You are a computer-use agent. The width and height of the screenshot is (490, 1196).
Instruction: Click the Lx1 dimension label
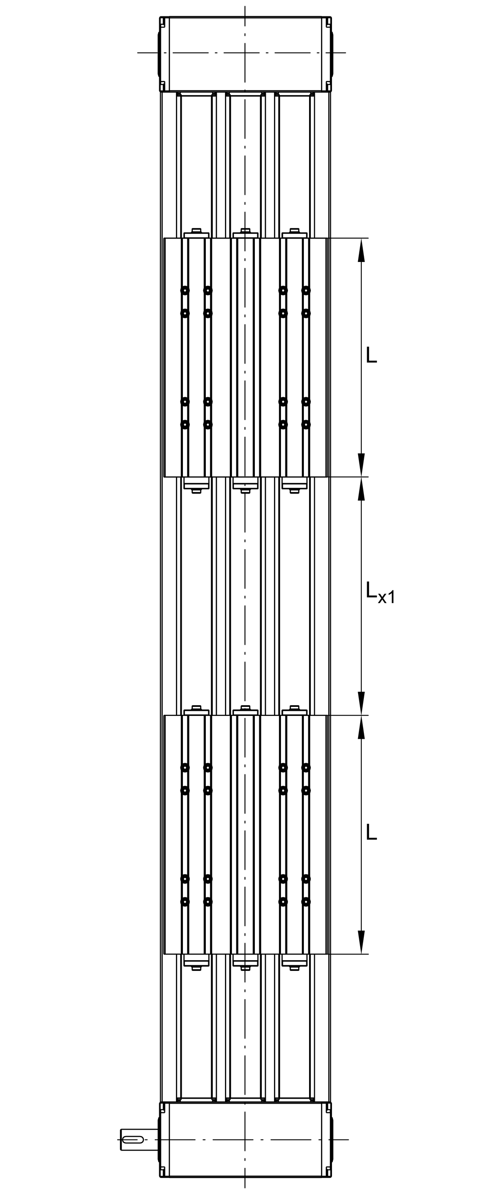380,592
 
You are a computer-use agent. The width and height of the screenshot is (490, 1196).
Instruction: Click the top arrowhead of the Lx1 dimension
361,488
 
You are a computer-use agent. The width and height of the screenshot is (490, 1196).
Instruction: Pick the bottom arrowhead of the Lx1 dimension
361,703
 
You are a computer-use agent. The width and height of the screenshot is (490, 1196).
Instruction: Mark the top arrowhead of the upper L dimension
361,250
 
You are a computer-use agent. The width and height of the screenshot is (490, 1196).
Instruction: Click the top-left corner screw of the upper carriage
185,291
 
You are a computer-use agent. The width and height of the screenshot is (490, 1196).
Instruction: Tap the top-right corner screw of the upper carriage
306,291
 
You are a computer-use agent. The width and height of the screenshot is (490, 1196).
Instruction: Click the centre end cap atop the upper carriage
245,233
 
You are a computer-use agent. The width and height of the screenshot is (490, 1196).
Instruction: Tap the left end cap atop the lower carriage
196,710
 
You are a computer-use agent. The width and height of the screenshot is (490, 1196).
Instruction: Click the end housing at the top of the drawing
245,54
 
